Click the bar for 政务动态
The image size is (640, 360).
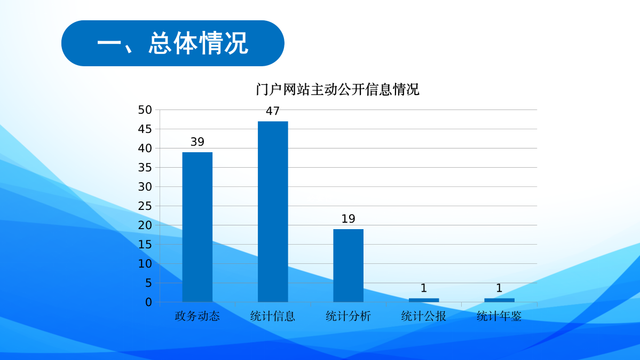point(197,227)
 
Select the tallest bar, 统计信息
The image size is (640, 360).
point(273,212)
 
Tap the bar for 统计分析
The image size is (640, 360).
point(348,265)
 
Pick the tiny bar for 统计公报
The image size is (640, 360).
point(424,300)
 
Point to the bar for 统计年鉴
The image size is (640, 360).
point(499,300)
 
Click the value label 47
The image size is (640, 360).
point(273,112)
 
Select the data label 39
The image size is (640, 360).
point(197,142)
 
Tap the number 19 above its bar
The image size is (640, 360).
point(348,219)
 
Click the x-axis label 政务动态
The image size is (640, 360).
point(197,316)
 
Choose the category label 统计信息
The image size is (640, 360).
point(273,316)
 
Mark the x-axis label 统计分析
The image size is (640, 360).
point(348,316)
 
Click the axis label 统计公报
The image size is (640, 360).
point(424,316)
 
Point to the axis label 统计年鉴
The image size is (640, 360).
point(499,316)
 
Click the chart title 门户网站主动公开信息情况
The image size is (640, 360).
point(337,90)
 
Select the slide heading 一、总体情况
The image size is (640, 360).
point(172,43)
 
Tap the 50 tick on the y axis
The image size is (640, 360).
point(145,110)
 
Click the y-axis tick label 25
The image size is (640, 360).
point(145,206)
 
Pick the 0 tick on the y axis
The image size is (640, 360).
point(148,302)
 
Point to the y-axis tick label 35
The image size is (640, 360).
point(145,168)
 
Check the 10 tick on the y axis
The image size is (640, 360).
point(145,264)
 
